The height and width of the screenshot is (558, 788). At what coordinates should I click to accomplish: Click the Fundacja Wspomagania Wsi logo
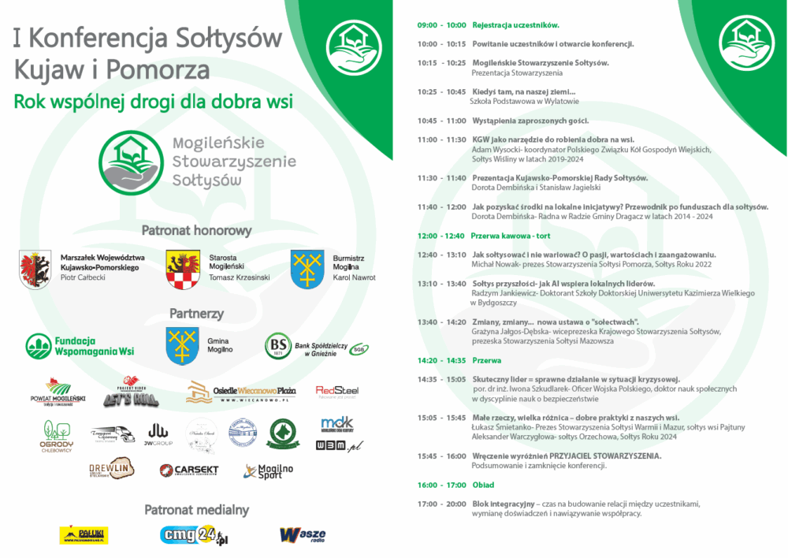80,346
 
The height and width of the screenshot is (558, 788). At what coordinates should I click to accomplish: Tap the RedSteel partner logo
337,391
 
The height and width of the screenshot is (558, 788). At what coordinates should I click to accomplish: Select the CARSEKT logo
188,471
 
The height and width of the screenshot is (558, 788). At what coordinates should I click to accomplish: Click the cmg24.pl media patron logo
193,535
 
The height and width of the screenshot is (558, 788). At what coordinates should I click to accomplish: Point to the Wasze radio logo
303,535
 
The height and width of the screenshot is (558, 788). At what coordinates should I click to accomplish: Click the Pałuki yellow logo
84,535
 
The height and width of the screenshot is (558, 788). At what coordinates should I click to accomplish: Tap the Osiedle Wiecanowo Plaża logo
240,392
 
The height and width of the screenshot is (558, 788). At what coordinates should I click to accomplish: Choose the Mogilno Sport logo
269,471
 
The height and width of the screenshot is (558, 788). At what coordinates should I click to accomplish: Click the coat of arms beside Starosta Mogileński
181,270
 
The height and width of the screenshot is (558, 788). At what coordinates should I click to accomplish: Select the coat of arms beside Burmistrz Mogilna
307,269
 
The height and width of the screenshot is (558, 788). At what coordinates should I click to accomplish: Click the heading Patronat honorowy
196,231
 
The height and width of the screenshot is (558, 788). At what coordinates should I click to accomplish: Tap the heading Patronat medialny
196,510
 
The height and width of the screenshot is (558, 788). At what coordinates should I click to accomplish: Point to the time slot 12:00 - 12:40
441,236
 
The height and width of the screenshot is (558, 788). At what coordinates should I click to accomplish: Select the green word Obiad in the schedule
483,485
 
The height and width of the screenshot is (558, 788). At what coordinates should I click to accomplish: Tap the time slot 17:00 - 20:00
441,504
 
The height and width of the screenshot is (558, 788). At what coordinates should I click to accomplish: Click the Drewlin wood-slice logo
111,469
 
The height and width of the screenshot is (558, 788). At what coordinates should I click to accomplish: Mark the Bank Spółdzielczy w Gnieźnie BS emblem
277,344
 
